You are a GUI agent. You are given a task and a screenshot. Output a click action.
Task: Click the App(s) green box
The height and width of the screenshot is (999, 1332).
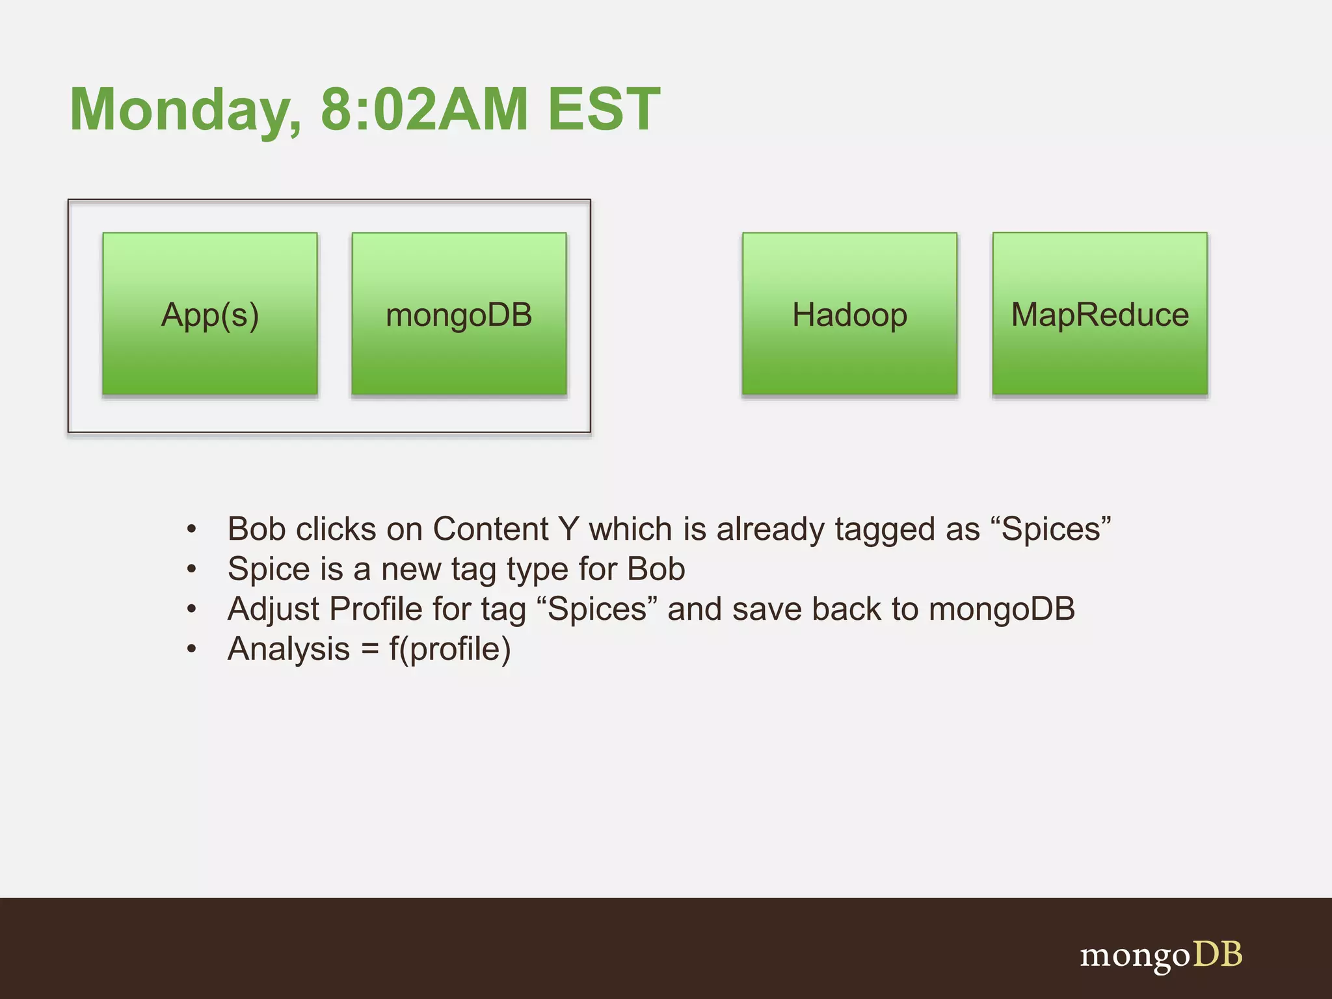tap(210, 314)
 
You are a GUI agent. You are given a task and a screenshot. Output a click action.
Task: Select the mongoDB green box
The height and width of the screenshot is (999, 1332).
tap(459, 314)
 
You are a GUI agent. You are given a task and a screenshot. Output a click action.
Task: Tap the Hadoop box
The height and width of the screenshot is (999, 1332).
tap(849, 314)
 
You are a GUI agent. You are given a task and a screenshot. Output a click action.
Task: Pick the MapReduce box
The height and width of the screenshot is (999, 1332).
tap(1100, 314)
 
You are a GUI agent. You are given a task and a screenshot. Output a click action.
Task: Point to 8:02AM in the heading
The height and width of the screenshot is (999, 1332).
tap(424, 109)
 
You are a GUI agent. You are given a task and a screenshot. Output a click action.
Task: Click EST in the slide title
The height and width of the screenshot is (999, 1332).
tap(604, 109)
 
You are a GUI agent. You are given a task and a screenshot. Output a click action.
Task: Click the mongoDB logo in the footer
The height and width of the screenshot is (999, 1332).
tap(1161, 955)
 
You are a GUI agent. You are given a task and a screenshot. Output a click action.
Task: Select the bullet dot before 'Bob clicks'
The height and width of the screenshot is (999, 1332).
tap(191, 529)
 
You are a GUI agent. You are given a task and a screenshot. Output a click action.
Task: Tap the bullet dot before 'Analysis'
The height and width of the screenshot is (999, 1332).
tap(191, 649)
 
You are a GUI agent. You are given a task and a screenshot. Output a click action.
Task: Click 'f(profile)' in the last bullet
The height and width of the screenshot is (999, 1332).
tap(450, 649)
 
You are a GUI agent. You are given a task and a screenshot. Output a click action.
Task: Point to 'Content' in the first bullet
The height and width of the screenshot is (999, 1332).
tap(490, 529)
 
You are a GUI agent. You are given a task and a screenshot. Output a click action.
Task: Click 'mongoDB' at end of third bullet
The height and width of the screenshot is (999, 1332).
tap(1002, 609)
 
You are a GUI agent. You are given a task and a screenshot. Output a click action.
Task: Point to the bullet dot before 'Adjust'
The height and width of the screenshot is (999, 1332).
tap(191, 609)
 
